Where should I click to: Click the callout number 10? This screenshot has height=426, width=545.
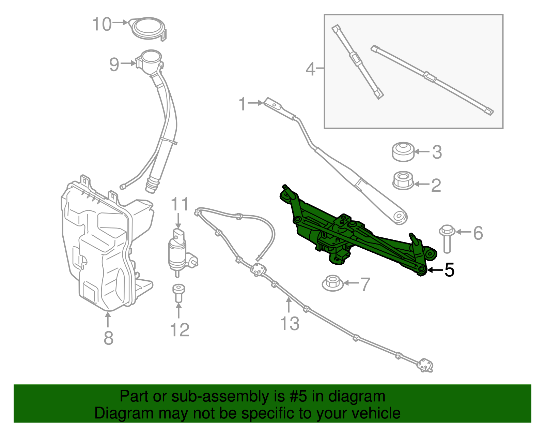pos(102,25)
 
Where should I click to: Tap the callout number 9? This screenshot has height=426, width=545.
pos(114,64)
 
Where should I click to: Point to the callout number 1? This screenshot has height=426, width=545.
pos(242,104)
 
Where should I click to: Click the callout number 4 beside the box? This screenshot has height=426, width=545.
pos(310,69)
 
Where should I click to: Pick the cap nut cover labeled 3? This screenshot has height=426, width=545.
pos(403,152)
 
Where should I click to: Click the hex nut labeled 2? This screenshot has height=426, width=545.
pos(403,180)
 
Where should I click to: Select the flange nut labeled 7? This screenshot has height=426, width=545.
pos(333,283)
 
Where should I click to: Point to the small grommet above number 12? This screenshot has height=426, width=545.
pos(178,292)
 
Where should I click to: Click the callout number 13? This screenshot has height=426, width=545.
pos(290,323)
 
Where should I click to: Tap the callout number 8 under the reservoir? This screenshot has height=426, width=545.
pos(108,338)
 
